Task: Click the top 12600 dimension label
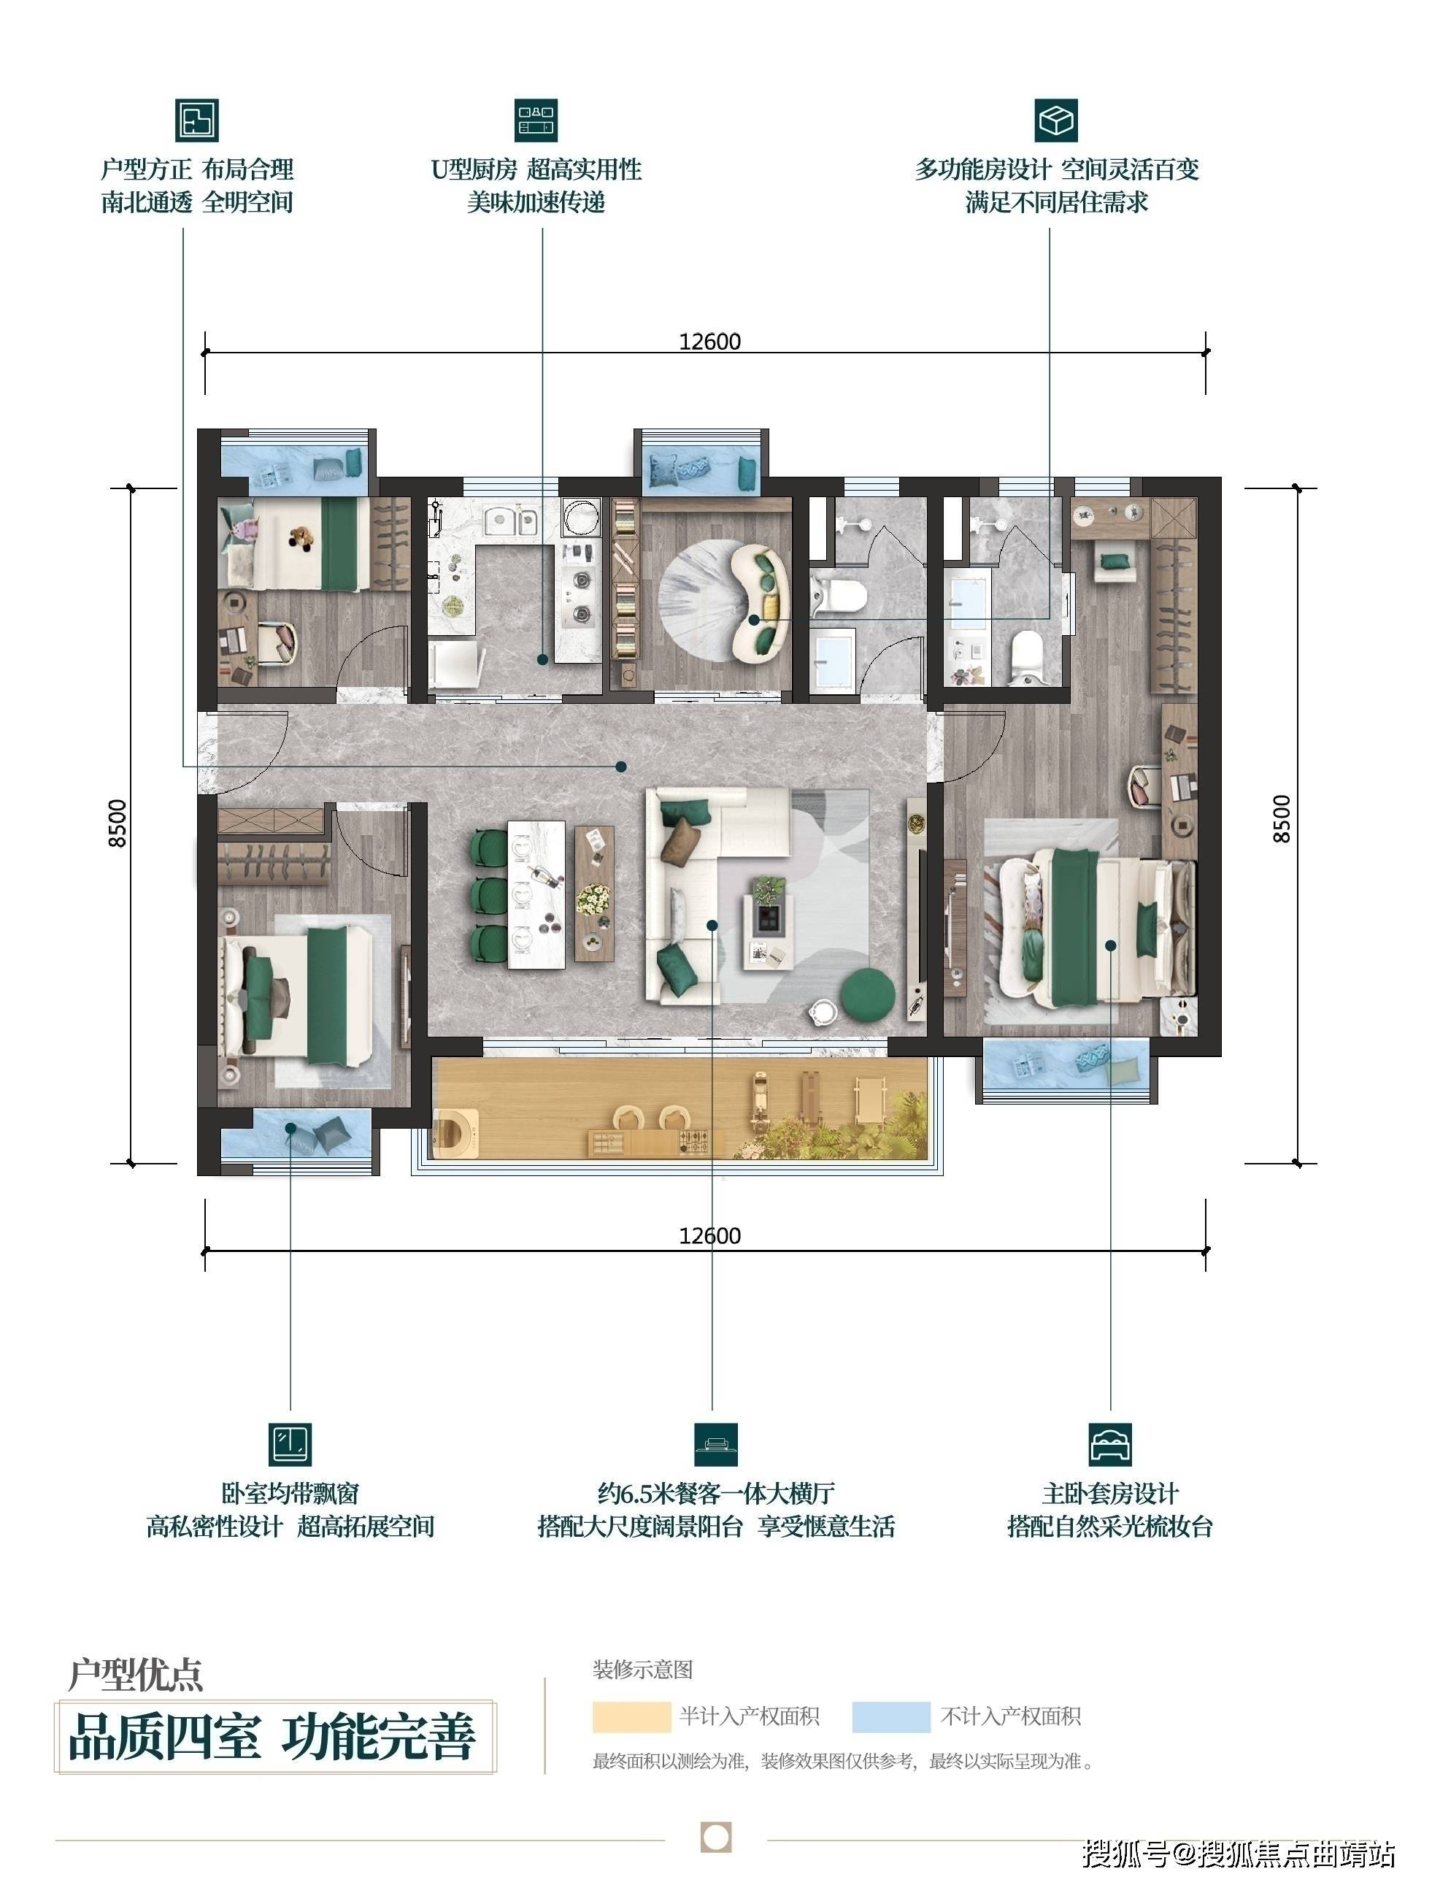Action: [x=710, y=342]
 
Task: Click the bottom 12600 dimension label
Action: [x=710, y=1235]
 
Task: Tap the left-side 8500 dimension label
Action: [x=118, y=824]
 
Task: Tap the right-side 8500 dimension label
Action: [x=1282, y=818]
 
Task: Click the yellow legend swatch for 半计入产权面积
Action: [x=631, y=1717]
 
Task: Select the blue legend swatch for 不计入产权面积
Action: [x=890, y=1717]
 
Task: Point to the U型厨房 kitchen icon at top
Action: [x=536, y=119]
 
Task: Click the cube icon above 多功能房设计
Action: [x=1056, y=119]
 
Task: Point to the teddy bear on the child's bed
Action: [x=300, y=539]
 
